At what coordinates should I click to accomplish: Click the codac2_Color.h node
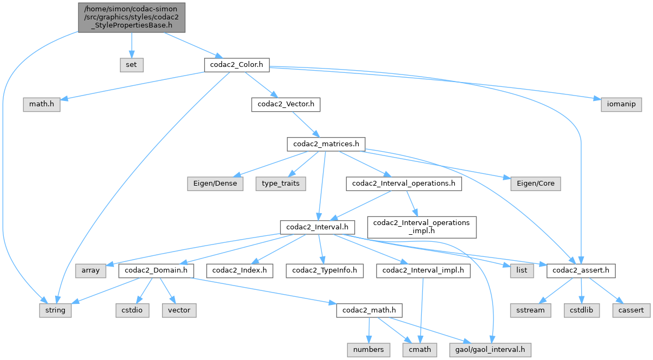tap(237, 65)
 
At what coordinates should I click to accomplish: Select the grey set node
tap(132, 65)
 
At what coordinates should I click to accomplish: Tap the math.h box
tap(41, 104)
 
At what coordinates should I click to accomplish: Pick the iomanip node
tap(621, 104)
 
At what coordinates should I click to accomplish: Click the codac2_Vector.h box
tap(286, 104)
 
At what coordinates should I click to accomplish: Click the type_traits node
tap(281, 184)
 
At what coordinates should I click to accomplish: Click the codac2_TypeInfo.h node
tap(325, 270)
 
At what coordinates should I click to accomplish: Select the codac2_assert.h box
tap(581, 270)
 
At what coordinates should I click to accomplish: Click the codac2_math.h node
tap(369, 310)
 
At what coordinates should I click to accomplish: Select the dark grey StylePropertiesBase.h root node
tap(132, 17)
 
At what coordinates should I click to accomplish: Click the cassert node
tap(631, 310)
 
